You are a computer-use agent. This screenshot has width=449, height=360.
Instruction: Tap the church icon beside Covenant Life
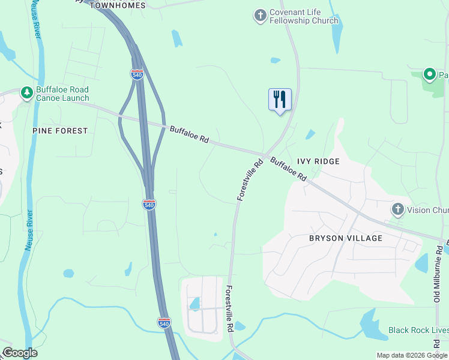260,16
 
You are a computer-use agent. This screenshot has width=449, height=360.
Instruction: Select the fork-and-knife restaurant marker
280,100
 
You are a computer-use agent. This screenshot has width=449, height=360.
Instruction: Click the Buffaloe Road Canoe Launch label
62,94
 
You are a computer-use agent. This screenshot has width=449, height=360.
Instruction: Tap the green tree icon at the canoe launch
26,93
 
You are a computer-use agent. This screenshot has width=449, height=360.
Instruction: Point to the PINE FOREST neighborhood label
60,131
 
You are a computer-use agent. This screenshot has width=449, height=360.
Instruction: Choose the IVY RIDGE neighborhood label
318,161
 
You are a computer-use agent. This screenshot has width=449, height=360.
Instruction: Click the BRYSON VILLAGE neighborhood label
345,238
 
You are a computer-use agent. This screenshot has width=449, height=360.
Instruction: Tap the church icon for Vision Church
397,209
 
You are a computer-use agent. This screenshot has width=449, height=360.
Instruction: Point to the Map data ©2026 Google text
411,355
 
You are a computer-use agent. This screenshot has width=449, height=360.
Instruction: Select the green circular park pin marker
430,74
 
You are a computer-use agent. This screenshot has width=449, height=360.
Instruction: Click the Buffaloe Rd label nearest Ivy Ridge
288,169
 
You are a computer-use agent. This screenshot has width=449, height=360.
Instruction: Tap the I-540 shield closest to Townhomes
137,74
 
